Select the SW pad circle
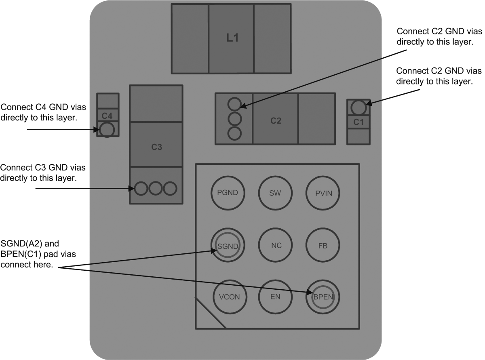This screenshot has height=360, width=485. [x=275, y=193]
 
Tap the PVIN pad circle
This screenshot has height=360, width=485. [x=323, y=193]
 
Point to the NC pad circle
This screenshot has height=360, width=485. [x=275, y=245]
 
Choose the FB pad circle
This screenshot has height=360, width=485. [x=323, y=245]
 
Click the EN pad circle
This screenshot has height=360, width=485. [x=275, y=297]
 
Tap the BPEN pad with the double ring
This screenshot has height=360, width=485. [x=323, y=297]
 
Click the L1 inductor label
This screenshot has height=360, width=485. [x=232, y=38]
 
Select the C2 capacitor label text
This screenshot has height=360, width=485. [x=276, y=120]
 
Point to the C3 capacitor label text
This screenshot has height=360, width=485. [x=156, y=147]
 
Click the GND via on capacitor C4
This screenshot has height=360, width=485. [x=107, y=130]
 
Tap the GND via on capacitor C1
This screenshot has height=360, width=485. [x=358, y=107]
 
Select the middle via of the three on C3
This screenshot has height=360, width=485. [x=156, y=188]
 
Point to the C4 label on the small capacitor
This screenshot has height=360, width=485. [x=107, y=116]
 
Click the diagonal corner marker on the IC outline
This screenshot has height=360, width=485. [x=210, y=313]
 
